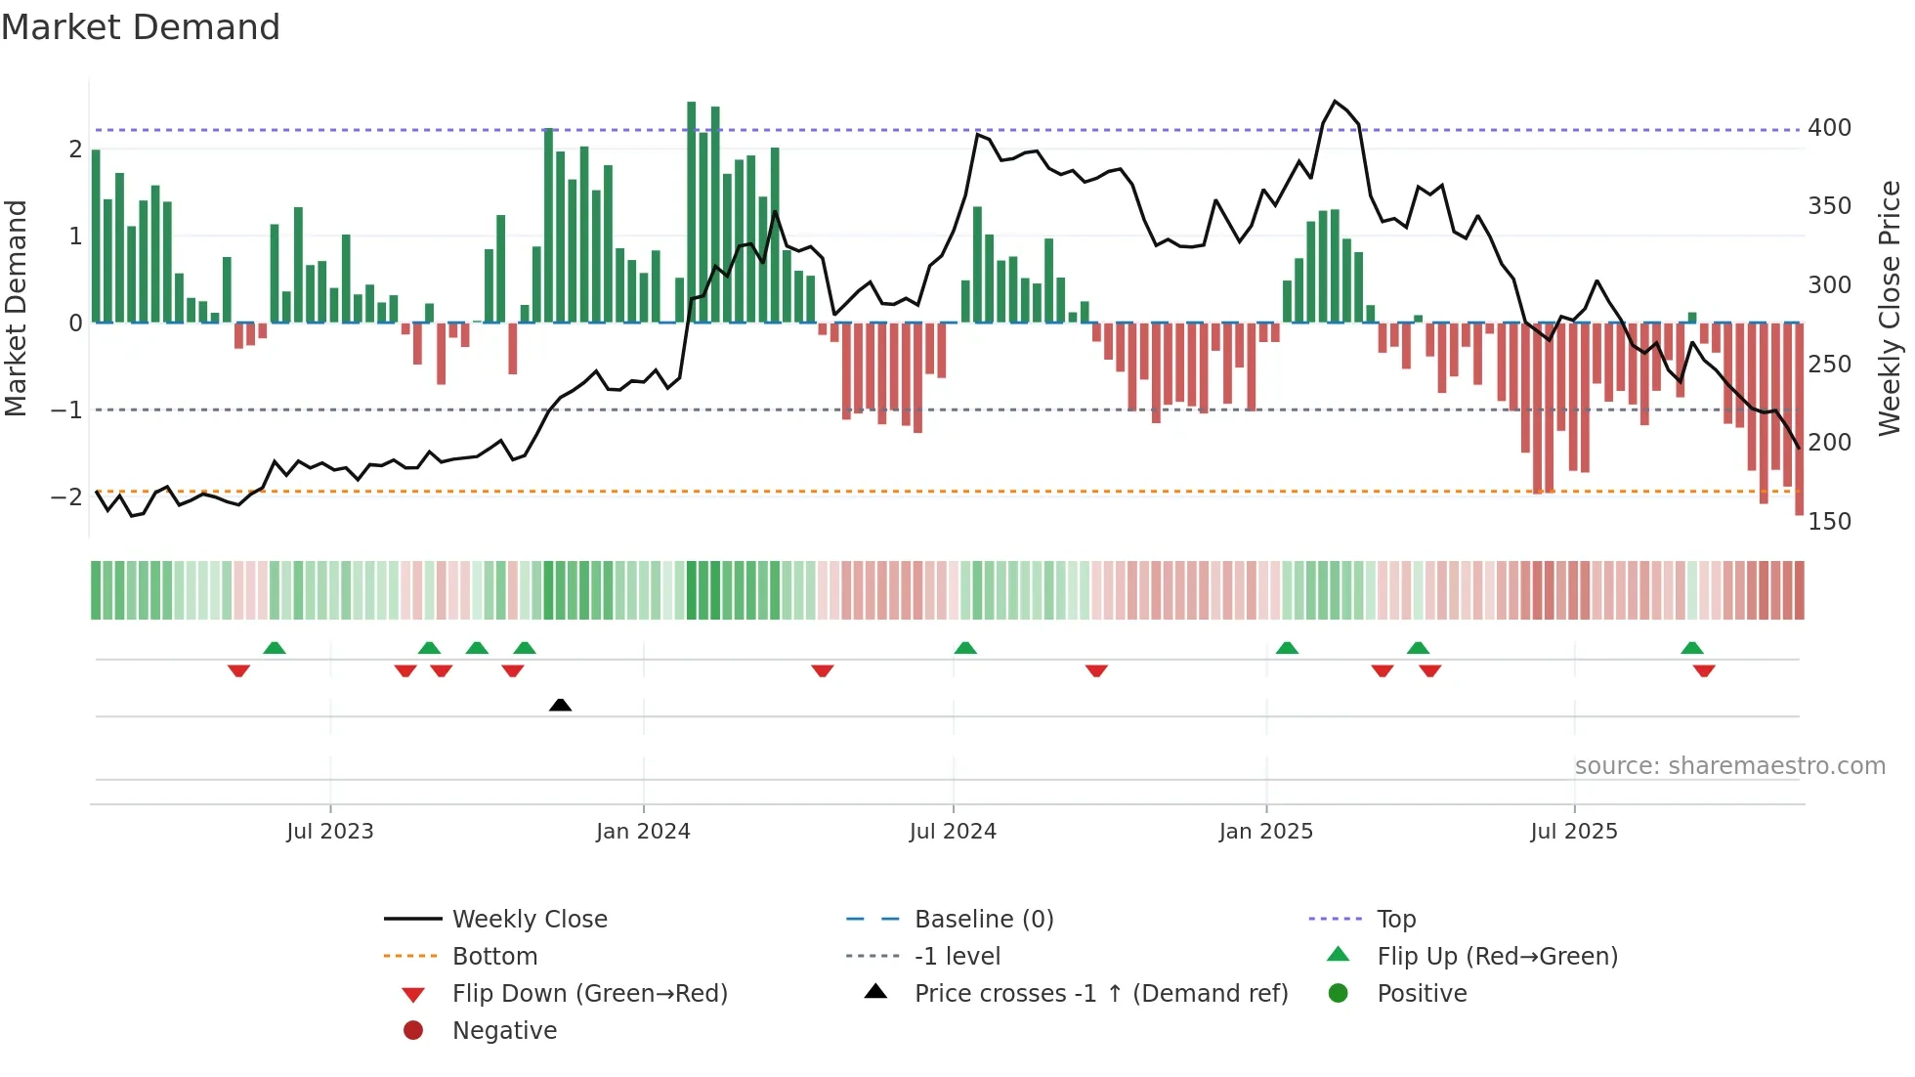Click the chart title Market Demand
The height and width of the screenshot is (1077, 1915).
[x=141, y=26]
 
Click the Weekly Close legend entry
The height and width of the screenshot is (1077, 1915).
[x=529, y=919]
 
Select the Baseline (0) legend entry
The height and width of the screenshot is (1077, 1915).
[x=983, y=919]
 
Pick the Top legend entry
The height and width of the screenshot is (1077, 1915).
[x=1395, y=919]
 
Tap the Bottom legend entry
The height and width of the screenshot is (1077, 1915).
[x=494, y=956]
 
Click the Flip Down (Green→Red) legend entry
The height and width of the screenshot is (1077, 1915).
[x=589, y=993]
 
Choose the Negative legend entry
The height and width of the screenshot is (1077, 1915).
[x=504, y=1030]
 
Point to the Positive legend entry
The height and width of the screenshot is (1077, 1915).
[x=1422, y=993]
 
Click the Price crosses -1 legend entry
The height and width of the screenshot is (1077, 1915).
[x=1100, y=993]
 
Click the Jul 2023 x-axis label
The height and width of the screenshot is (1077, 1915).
[x=330, y=831]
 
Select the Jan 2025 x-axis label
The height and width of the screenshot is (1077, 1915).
[x=1266, y=831]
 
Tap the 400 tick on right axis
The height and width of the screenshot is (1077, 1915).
[x=1829, y=127]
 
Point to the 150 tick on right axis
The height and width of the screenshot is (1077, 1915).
[x=1829, y=521]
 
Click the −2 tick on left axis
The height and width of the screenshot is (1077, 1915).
[x=66, y=496]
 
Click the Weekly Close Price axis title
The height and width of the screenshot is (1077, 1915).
[x=1890, y=308]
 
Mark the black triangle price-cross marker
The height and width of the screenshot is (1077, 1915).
[x=560, y=705]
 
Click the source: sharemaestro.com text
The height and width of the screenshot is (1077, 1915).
[x=1729, y=765]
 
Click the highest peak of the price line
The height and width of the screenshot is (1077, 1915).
[x=1335, y=102]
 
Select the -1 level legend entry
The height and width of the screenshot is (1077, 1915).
[x=957, y=956]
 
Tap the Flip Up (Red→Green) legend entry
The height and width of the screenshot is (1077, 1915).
[x=1497, y=956]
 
